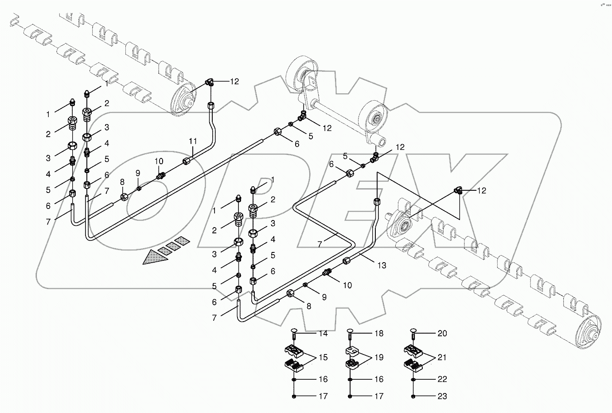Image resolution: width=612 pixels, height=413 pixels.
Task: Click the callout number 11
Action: pyautogui.click(x=192, y=142)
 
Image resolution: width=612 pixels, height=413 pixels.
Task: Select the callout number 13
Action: pyautogui.click(x=382, y=265)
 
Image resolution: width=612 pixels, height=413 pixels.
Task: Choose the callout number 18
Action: pyautogui.click(x=378, y=334)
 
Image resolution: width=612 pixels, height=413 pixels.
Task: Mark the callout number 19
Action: pyautogui.click(x=378, y=358)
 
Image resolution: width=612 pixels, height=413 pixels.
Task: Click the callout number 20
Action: pyautogui.click(x=442, y=334)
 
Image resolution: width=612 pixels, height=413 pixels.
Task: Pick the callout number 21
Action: pyautogui.click(x=442, y=358)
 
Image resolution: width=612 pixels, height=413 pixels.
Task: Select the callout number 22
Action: pyautogui.click(x=442, y=379)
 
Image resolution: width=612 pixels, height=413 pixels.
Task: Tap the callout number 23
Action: pyautogui.click(x=442, y=396)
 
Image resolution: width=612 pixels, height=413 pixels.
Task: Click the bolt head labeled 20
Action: pyautogui.click(x=413, y=330)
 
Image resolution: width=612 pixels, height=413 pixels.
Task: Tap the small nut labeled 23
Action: pyautogui.click(x=413, y=396)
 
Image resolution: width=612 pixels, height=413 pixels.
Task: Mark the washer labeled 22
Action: pyautogui.click(x=413, y=380)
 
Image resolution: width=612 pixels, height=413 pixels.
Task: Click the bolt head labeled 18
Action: pyautogui.click(x=350, y=330)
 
